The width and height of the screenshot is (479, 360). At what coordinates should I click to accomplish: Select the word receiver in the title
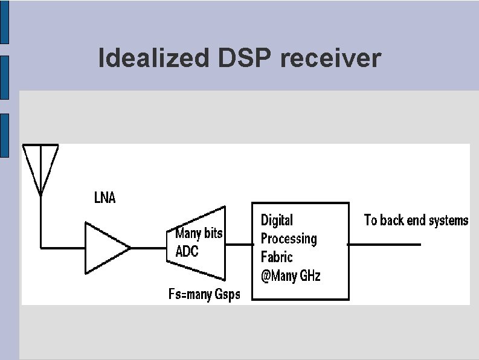pyautogui.click(x=330, y=59)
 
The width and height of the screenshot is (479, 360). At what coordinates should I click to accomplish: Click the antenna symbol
pyautogui.click(x=40, y=166)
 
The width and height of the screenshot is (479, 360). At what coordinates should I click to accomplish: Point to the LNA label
pyautogui.click(x=104, y=198)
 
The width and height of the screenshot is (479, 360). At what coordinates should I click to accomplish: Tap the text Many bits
pyautogui.click(x=199, y=234)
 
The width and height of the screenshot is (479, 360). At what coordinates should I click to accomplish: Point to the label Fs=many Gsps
pyautogui.click(x=204, y=294)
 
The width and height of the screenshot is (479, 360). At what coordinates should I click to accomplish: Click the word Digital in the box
pyautogui.click(x=277, y=220)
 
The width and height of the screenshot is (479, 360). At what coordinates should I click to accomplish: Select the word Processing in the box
pyautogui.click(x=288, y=239)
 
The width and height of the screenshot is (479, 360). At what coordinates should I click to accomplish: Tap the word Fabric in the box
pyautogui.click(x=277, y=257)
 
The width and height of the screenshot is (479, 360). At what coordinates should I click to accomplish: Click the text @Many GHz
pyautogui.click(x=291, y=276)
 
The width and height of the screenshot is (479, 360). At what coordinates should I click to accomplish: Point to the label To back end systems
pyautogui.click(x=416, y=220)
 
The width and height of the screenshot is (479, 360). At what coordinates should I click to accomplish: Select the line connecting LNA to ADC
pyautogui.click(x=148, y=248)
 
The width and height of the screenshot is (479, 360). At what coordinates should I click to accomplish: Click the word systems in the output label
pyautogui.click(x=448, y=220)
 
